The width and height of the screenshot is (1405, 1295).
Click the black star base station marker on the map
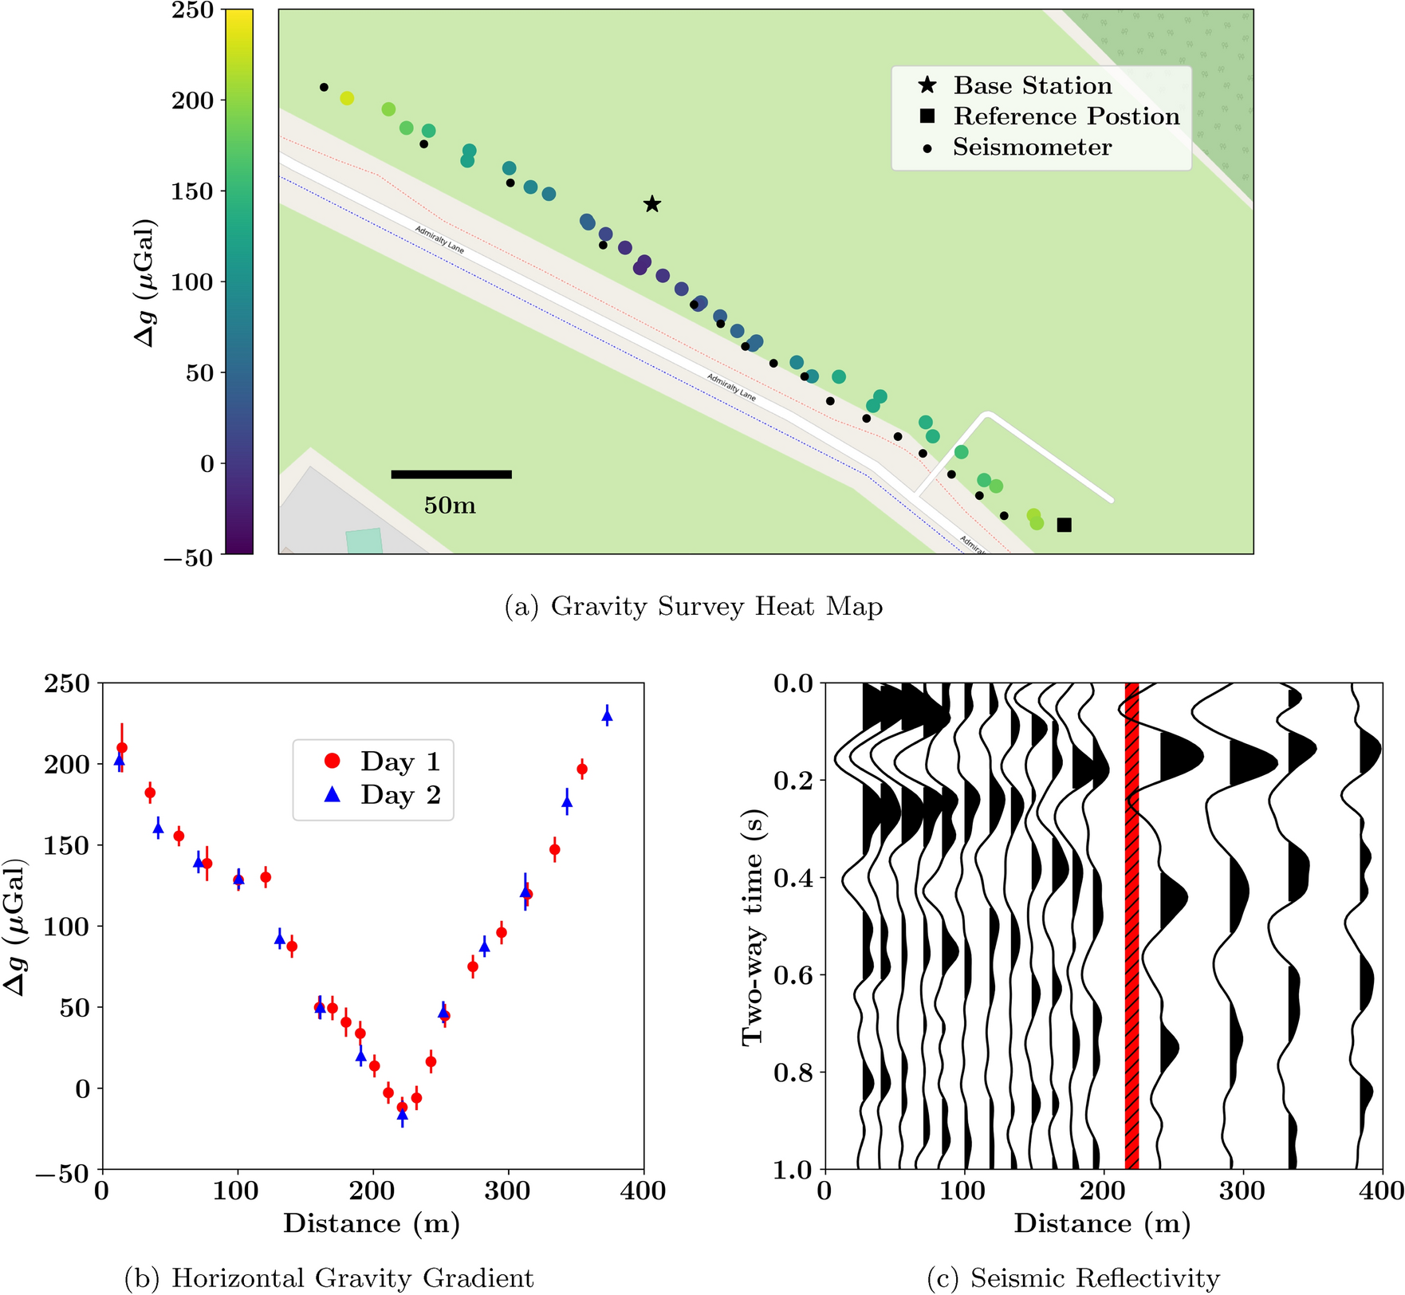pyautogui.click(x=652, y=204)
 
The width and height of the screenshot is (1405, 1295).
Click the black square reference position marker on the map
pyautogui.click(x=1064, y=525)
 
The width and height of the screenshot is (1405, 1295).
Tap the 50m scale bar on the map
pyautogui.click(x=451, y=474)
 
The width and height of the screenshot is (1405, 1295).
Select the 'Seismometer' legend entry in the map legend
pyautogui.click(x=1032, y=148)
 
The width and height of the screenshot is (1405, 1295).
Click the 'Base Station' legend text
pyautogui.click(x=1032, y=85)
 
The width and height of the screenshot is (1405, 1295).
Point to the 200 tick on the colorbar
pyautogui.click(x=193, y=100)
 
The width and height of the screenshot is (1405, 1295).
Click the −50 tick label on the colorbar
pyautogui.click(x=189, y=557)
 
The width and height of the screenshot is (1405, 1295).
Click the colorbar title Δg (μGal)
pyautogui.click(x=146, y=282)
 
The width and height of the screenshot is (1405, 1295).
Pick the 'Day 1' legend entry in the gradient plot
pyautogui.click(x=383, y=762)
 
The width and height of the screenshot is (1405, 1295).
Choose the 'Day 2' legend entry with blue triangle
pyautogui.click(x=383, y=795)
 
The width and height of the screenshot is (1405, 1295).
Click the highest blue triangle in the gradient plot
pyautogui.click(x=607, y=716)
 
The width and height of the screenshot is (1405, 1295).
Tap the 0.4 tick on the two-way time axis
pyautogui.click(x=793, y=878)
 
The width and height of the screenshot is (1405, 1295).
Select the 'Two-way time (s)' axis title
pyautogui.click(x=752, y=927)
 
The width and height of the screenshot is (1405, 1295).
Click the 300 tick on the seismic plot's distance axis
pyautogui.click(x=1242, y=1191)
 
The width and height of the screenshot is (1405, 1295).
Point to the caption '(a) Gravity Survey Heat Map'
pyautogui.click(x=694, y=607)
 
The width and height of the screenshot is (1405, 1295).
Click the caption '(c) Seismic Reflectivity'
pyautogui.click(x=1073, y=1278)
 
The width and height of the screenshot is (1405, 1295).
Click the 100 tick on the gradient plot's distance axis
pyautogui.click(x=237, y=1191)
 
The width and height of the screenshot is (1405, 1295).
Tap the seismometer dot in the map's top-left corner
pyautogui.click(x=324, y=87)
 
